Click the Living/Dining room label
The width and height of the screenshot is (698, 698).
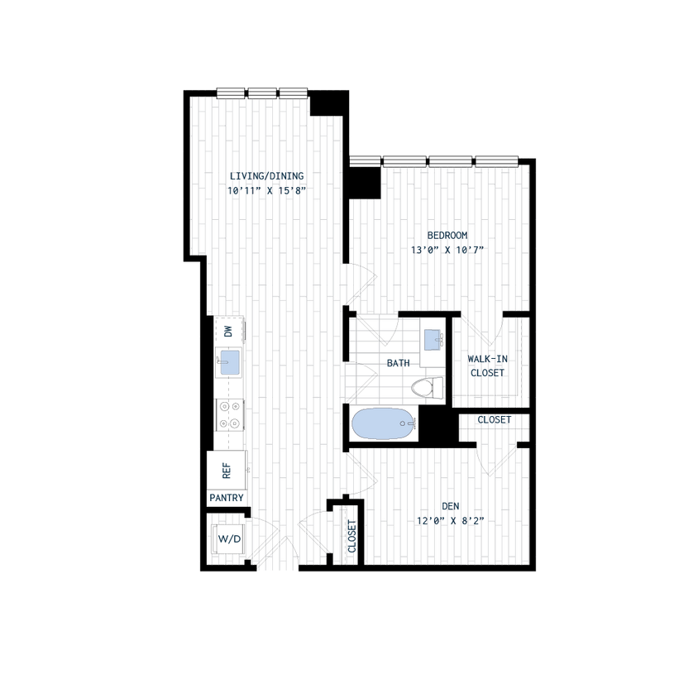[x=266, y=175]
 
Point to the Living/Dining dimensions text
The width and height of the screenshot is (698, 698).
[x=266, y=190]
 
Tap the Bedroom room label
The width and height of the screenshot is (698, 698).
[x=447, y=235]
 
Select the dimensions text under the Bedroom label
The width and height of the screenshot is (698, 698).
[x=447, y=249]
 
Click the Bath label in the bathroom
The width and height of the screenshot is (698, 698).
[x=398, y=362]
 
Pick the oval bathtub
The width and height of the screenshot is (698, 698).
[x=383, y=423]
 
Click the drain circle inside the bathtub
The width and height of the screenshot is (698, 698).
[x=403, y=423]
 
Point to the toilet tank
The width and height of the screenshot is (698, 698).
[x=439, y=387]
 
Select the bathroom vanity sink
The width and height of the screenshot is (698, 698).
[x=432, y=339]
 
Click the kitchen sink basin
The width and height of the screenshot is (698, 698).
[x=230, y=362]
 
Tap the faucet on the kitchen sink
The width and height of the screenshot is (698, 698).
[x=223, y=362]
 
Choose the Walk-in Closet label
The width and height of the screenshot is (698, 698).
[x=487, y=366]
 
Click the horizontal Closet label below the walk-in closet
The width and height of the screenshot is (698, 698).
[x=494, y=420]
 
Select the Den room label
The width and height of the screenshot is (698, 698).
[x=451, y=506]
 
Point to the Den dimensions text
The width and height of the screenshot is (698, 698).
[x=451, y=520]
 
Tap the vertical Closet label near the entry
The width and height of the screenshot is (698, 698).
[x=351, y=536]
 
